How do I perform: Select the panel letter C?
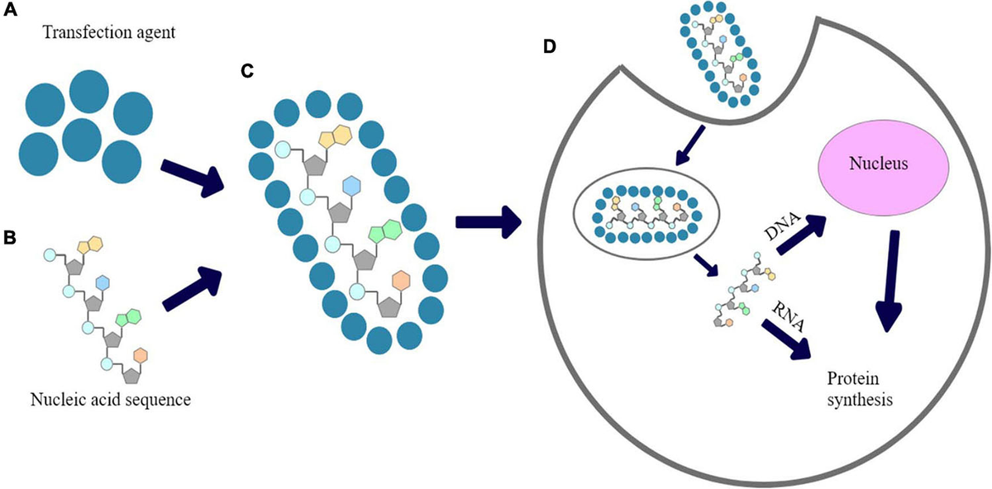coord(247,70)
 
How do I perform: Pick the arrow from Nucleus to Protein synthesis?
coord(889,282)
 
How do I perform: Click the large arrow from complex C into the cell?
coord(488,221)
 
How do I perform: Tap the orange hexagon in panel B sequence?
coord(140,354)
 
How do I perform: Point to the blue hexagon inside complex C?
coord(351,186)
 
